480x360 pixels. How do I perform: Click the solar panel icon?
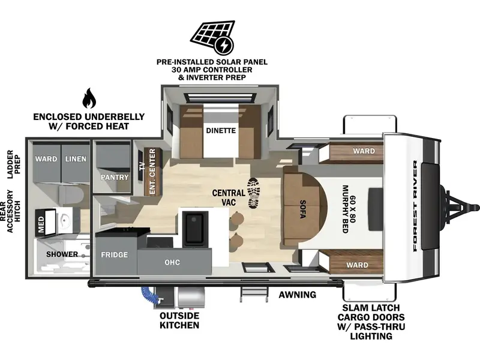click(212, 36)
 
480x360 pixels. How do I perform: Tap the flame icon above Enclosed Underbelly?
click(89, 98)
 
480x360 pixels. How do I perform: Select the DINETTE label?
click(221, 130)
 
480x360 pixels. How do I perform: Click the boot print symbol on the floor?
click(253, 193)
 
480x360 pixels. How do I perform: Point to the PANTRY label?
click(115, 177)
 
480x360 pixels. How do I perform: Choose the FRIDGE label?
click(115, 254)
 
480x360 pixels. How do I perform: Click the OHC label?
click(172, 262)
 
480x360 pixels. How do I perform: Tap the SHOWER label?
click(62, 254)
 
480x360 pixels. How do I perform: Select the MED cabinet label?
click(41, 224)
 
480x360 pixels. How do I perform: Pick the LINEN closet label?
click(76, 159)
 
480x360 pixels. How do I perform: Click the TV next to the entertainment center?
click(142, 166)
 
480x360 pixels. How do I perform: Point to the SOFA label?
click(303, 209)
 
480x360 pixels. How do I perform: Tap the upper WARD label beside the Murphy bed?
click(364, 151)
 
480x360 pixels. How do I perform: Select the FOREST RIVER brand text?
click(415, 206)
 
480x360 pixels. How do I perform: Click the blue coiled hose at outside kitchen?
click(149, 295)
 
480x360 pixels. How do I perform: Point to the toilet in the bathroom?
click(71, 196)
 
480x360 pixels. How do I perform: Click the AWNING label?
click(297, 295)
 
